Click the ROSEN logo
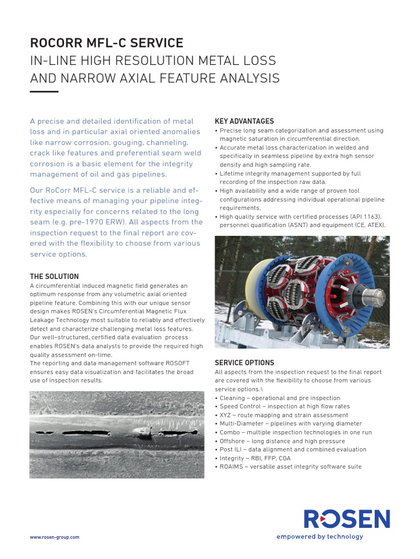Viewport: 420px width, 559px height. tap(347, 519)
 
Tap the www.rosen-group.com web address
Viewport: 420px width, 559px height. tap(54, 537)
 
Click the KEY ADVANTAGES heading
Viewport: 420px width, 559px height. tap(244, 121)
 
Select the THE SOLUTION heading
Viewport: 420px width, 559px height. tap(54, 277)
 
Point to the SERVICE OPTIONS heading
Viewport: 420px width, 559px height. tap(244, 363)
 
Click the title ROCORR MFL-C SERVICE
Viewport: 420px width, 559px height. tap(107, 43)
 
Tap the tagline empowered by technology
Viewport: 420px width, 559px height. tap(319, 537)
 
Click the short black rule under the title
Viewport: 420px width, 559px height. tap(44, 92)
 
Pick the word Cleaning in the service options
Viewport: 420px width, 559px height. tap(232, 398)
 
